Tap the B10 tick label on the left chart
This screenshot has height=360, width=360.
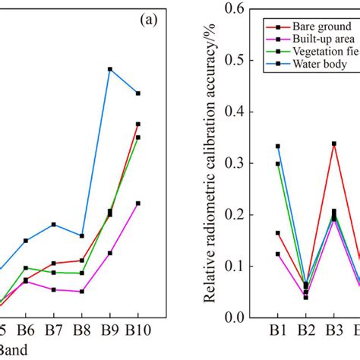pyautogui.click(x=137, y=331)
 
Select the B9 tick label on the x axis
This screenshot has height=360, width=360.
pyautogui.click(x=109, y=331)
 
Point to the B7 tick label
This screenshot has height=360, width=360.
pyautogui.click(x=53, y=331)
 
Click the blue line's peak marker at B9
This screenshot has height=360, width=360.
pyautogui.click(x=110, y=69)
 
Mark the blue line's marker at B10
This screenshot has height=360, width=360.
pyautogui.click(x=137, y=93)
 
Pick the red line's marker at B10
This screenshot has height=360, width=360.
pyautogui.click(x=137, y=124)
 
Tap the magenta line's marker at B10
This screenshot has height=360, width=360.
pyautogui.click(x=137, y=203)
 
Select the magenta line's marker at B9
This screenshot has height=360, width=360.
pyautogui.click(x=110, y=253)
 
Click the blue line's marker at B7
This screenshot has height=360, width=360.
pyautogui.click(x=53, y=224)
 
